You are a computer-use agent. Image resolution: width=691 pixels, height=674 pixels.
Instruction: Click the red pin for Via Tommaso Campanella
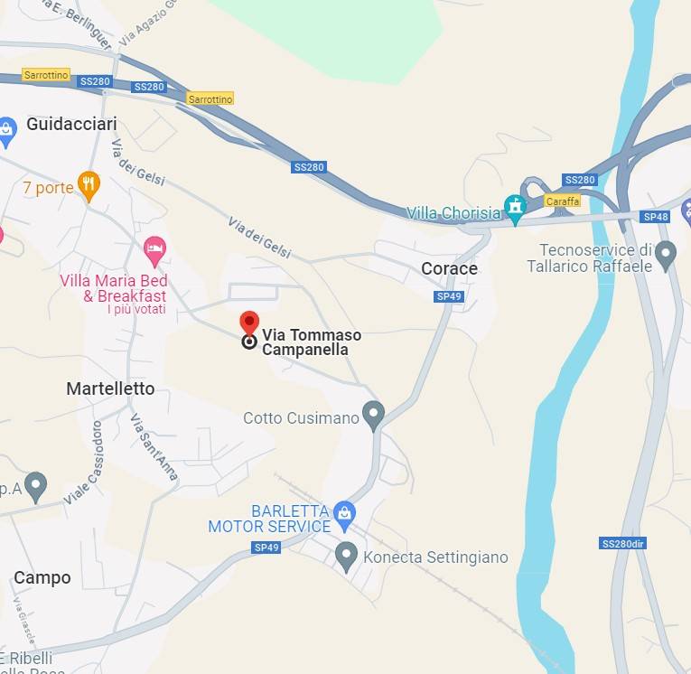click(249, 323)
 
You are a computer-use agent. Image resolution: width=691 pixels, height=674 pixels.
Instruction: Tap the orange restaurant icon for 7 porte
click(89, 186)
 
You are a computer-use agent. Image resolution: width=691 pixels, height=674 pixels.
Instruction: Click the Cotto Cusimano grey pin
click(373, 415)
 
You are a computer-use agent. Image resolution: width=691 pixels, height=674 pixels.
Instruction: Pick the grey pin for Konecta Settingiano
click(346, 556)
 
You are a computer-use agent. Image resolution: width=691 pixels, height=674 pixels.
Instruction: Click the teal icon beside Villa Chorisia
click(516, 209)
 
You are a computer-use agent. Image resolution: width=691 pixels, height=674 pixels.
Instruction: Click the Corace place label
click(449, 268)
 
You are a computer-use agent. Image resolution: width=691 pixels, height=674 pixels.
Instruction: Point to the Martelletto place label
click(110, 388)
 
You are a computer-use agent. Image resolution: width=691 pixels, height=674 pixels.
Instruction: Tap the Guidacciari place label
click(72, 124)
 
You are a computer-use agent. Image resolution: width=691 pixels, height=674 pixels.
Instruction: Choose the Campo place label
click(42, 577)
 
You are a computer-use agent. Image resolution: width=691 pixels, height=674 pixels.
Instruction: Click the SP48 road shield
click(656, 217)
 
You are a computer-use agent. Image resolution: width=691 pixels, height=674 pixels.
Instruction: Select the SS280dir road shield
click(623, 543)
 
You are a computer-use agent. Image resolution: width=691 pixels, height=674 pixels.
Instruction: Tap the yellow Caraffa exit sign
click(562, 201)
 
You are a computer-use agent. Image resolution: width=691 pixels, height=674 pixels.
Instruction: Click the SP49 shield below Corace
click(449, 296)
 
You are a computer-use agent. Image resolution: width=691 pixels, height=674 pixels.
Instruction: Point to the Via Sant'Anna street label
click(154, 447)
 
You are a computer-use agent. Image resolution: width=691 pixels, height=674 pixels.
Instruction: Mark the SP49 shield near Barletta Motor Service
click(266, 548)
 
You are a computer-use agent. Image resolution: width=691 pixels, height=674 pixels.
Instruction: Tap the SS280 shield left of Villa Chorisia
click(309, 167)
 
